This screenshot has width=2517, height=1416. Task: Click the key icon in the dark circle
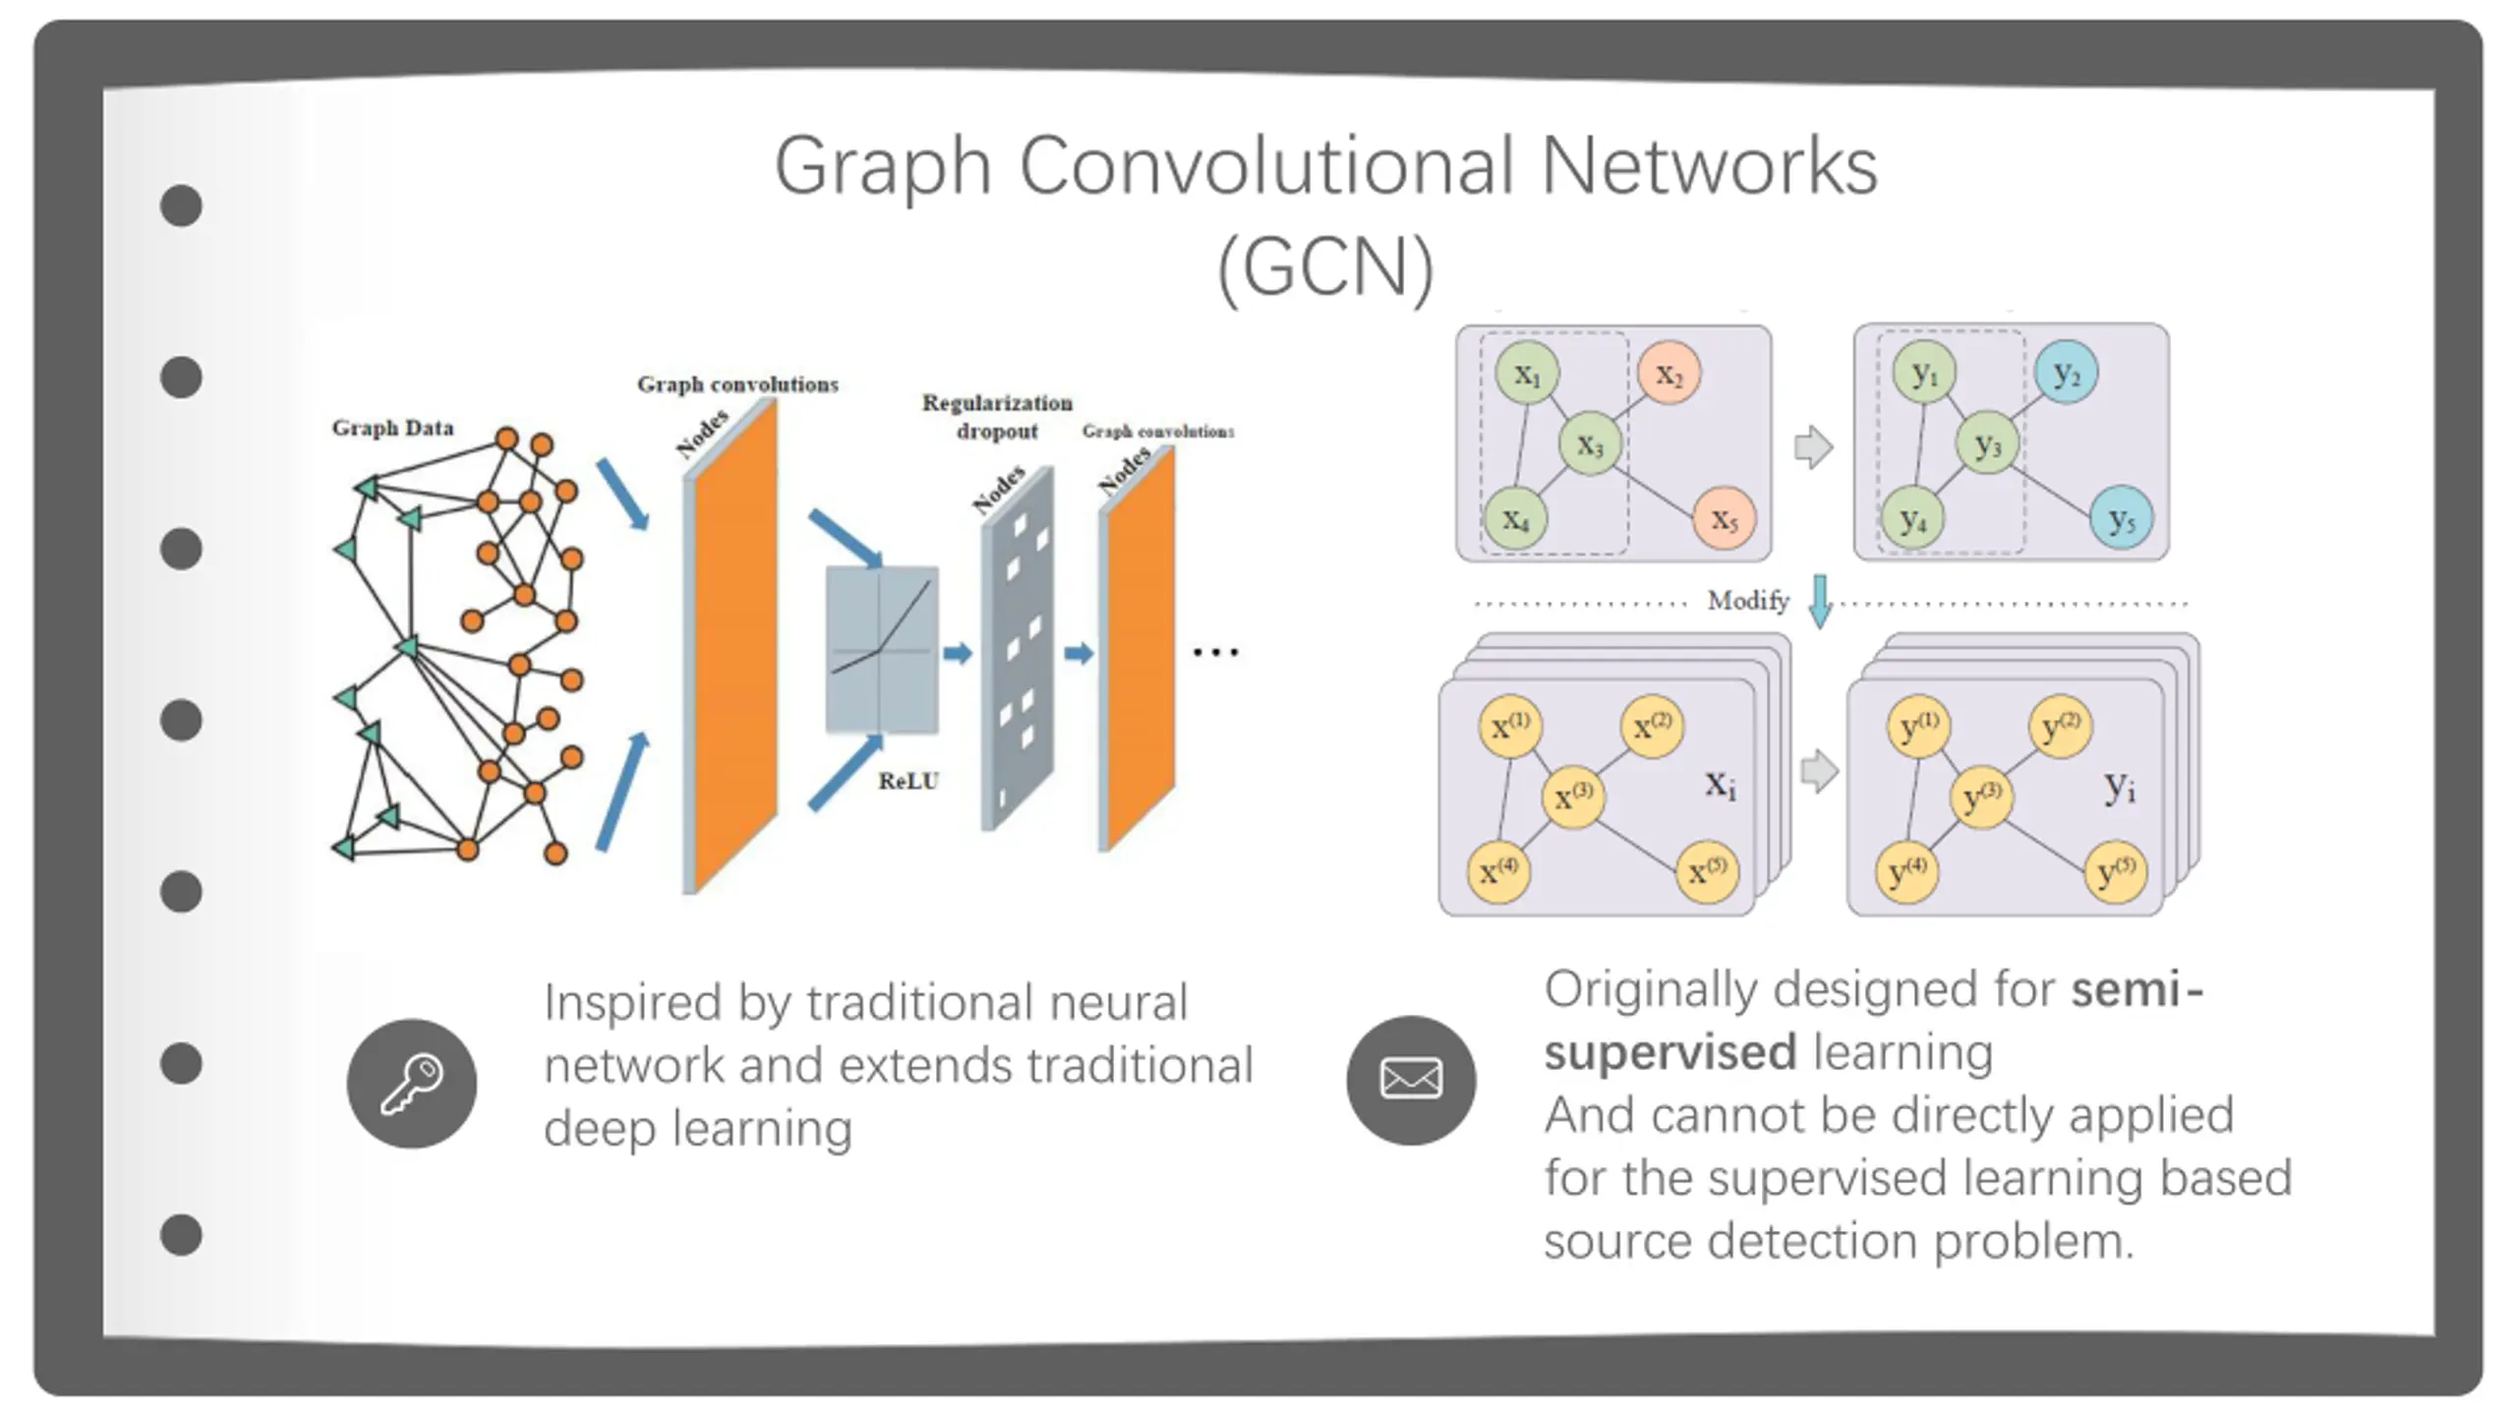pyautogui.click(x=412, y=1084)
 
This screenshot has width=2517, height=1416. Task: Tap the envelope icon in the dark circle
pyautogui.click(x=1411, y=1079)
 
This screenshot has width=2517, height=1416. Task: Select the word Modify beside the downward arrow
pyautogui.click(x=1748, y=600)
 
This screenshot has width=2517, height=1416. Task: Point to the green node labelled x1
pyautogui.click(x=1527, y=374)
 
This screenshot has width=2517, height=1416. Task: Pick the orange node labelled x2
pyautogui.click(x=1669, y=374)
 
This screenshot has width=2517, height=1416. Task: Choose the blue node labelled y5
pyautogui.click(x=2122, y=518)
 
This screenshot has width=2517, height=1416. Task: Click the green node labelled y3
pyautogui.click(x=1987, y=444)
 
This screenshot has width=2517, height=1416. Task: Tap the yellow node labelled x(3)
pyautogui.click(x=1573, y=795)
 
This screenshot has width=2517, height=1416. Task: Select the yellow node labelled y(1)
pyautogui.click(x=1919, y=727)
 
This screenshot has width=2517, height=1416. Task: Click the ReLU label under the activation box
pyautogui.click(x=908, y=781)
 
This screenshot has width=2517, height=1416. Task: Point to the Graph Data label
pyautogui.click(x=392, y=428)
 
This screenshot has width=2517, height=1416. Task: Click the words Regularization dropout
pyautogui.click(x=997, y=417)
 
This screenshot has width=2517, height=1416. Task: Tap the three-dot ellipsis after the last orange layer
pyautogui.click(x=1215, y=652)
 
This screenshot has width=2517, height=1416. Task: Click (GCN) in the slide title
pyautogui.click(x=1325, y=267)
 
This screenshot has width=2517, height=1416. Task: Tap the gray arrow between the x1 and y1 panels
pyautogui.click(x=1814, y=447)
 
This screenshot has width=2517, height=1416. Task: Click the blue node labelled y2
pyautogui.click(x=2066, y=373)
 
